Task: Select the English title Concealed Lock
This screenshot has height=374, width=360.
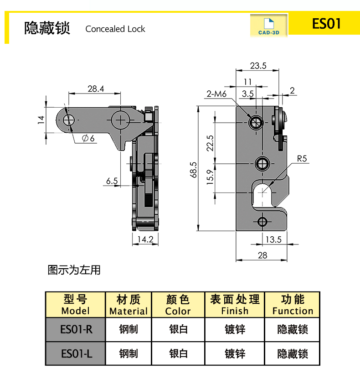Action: (x=115, y=29)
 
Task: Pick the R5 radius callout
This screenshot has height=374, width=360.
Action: (x=302, y=159)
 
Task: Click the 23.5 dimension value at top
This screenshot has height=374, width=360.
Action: (x=258, y=66)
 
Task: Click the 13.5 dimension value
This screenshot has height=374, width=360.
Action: (x=273, y=239)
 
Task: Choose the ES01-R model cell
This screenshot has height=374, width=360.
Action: (x=76, y=329)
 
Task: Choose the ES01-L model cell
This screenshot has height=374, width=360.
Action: (x=76, y=353)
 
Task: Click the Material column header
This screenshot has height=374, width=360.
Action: (x=129, y=305)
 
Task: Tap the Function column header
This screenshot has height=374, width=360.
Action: (x=293, y=305)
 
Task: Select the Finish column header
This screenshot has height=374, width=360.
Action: (x=235, y=305)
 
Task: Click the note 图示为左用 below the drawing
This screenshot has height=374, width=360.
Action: (x=74, y=270)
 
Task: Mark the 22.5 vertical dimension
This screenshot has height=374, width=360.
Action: (x=209, y=143)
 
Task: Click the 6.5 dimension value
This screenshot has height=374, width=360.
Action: (x=112, y=181)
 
